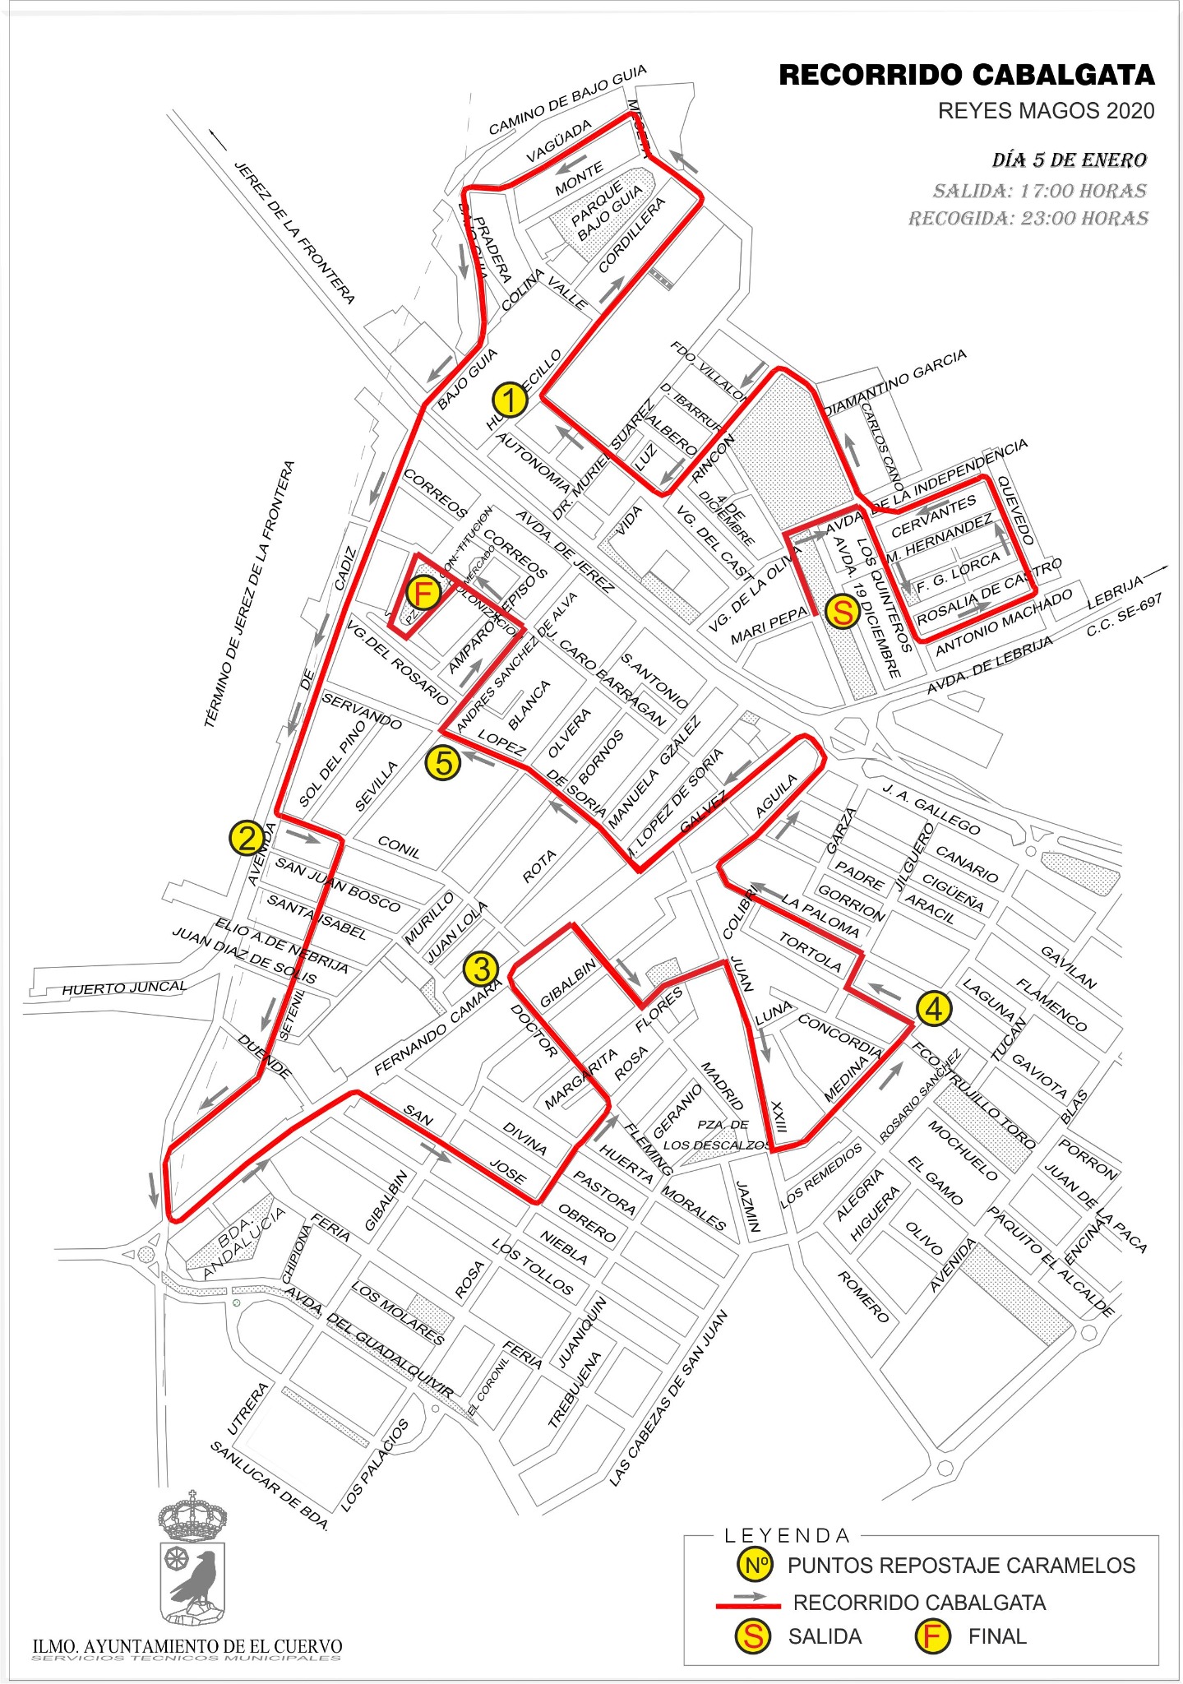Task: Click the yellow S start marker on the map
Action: pyautogui.click(x=842, y=612)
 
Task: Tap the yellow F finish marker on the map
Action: pyautogui.click(x=423, y=593)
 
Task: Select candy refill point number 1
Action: pyautogui.click(x=510, y=400)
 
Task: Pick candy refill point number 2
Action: pyautogui.click(x=247, y=839)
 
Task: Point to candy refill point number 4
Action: pyautogui.click(x=934, y=1009)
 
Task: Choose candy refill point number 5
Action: pyautogui.click(x=443, y=763)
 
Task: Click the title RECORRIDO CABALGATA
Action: pyautogui.click(x=966, y=76)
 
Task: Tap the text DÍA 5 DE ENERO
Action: pyautogui.click(x=1069, y=160)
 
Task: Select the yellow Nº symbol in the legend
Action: pyautogui.click(x=755, y=1565)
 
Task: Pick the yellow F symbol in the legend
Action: pyautogui.click(x=931, y=1636)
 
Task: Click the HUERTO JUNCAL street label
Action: pyautogui.click(x=124, y=987)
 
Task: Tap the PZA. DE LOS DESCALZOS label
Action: pyautogui.click(x=717, y=1134)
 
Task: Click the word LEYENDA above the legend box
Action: pyautogui.click(x=787, y=1535)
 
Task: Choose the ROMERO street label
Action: pyautogui.click(x=862, y=1297)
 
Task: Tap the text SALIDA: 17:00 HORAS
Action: pyautogui.click(x=1039, y=192)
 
